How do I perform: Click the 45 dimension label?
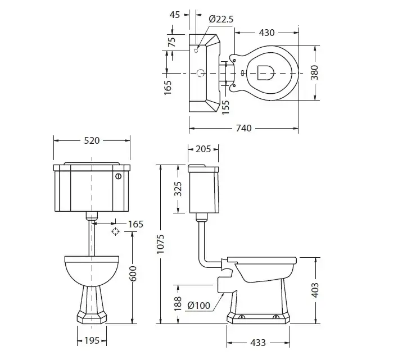tap(175, 15)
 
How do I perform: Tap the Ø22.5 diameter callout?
tap(221, 19)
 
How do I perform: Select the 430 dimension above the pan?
tap(266, 33)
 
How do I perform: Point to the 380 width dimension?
tap(314, 72)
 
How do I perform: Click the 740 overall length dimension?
tap(243, 128)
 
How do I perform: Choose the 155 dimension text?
tap(225, 107)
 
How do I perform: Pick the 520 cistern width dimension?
tap(92, 140)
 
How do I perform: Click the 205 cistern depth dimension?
tap(203, 149)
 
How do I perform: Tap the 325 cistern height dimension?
tap(178, 189)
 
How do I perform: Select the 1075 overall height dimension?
tap(160, 244)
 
